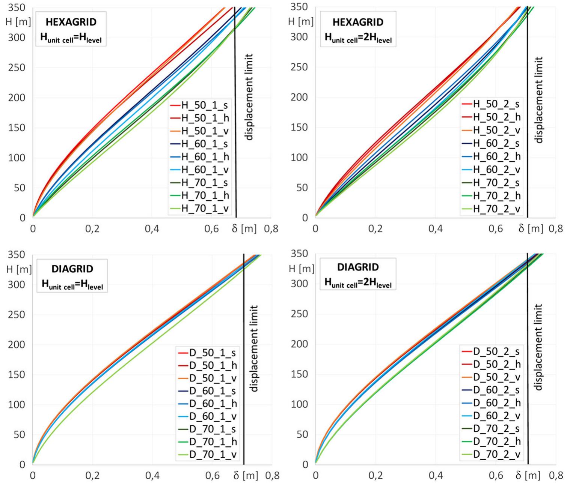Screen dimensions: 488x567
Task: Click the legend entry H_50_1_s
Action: point(204,105)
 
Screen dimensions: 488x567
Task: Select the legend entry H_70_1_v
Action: point(205,209)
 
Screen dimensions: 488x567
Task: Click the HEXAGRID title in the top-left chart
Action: point(71,22)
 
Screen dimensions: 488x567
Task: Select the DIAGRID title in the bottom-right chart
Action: point(358,267)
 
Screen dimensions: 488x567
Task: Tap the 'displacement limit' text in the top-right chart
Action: point(539,100)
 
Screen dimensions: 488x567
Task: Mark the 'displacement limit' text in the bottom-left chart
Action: point(254,348)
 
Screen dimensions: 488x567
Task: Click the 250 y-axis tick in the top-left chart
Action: point(17,68)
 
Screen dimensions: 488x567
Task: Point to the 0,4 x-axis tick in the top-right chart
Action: point(436,228)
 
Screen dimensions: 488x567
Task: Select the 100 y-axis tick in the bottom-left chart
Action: point(17,404)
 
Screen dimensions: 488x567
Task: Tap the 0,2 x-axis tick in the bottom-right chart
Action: point(375,475)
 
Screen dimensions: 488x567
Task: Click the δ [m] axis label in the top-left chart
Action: point(244,228)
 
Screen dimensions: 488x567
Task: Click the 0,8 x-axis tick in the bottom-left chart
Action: point(272,475)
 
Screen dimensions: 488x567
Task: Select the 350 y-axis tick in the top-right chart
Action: point(299,7)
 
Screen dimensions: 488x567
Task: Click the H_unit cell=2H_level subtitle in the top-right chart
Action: point(358,38)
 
